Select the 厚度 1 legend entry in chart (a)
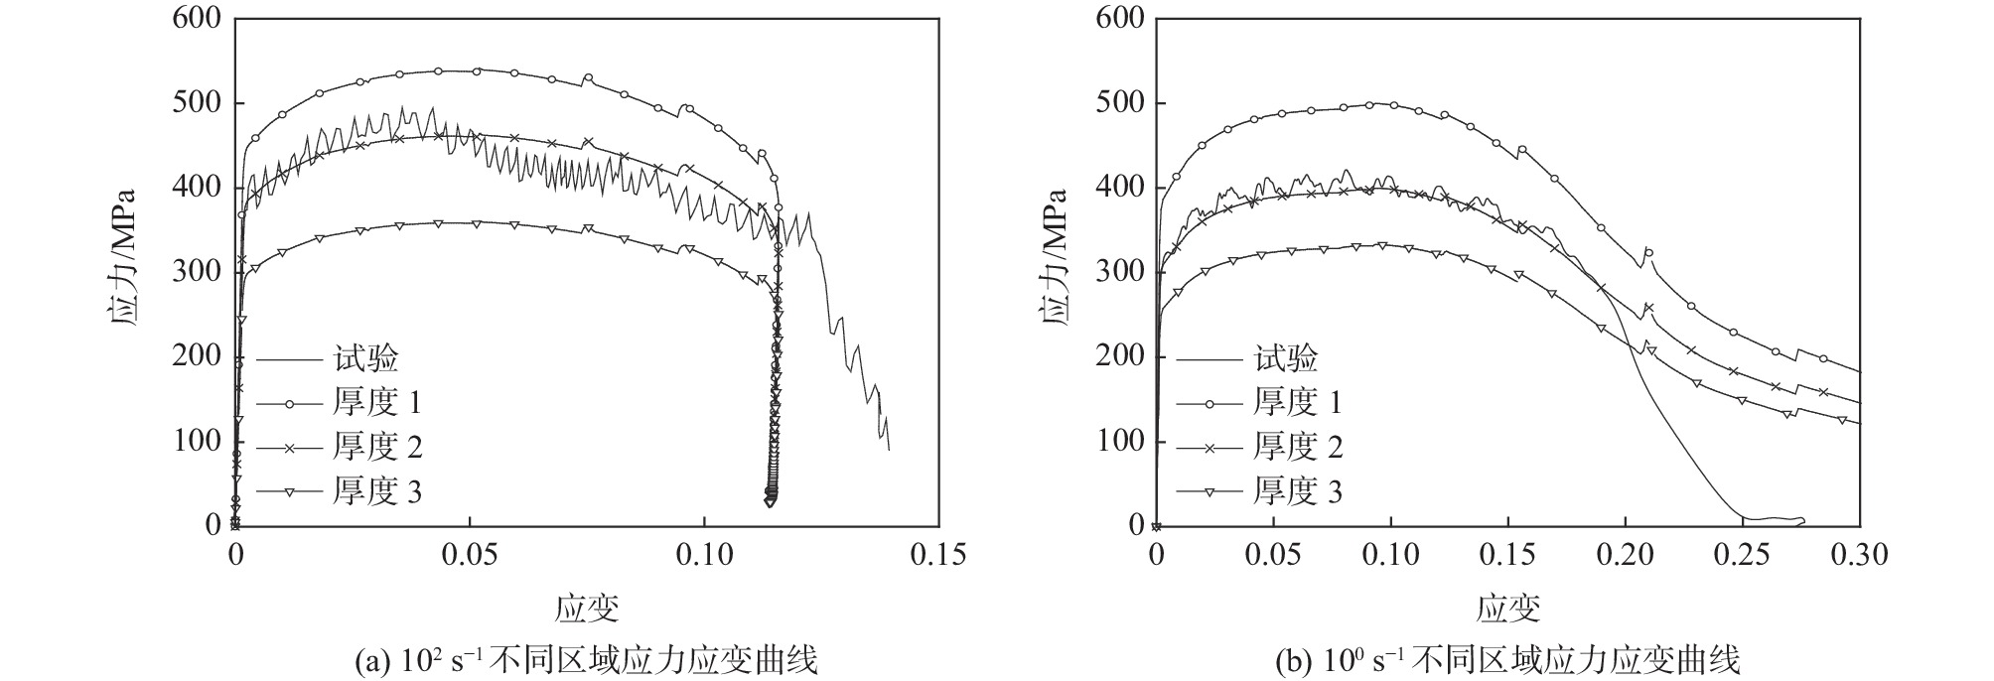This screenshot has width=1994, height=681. [x=376, y=403]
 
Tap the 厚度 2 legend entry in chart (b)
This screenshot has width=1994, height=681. [x=1297, y=448]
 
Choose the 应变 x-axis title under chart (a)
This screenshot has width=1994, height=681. [x=587, y=607]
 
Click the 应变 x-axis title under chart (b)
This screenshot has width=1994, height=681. [x=1507, y=607]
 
